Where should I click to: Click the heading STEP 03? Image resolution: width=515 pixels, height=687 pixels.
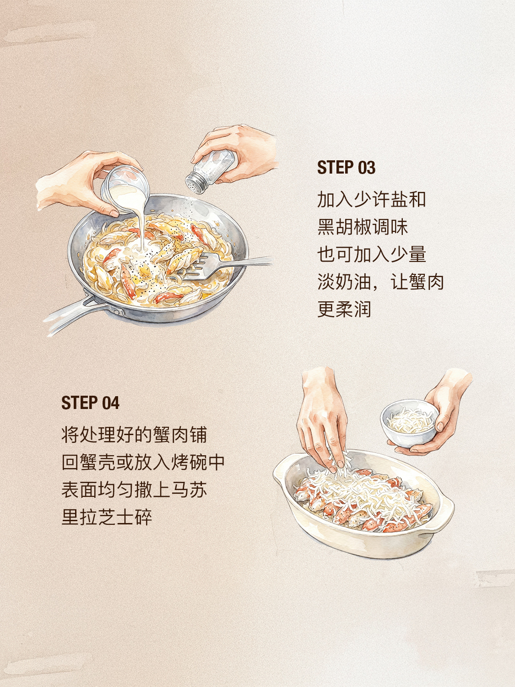pos(346,167)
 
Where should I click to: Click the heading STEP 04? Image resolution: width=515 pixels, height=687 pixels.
pos(90,403)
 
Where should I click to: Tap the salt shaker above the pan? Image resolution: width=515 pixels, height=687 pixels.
pos(210,171)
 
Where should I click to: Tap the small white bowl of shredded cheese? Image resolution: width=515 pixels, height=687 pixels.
pos(410,423)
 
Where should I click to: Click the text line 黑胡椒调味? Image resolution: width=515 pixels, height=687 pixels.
pos(363,227)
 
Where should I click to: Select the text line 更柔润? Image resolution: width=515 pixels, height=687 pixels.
pos(344,309)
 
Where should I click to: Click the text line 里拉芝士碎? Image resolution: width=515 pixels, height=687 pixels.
pos(107,517)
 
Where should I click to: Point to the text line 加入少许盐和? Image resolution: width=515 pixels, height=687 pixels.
pos(371,199)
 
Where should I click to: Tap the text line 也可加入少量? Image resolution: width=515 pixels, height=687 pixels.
pos(371,254)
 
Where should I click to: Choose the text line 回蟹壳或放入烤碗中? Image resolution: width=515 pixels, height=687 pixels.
pos(143,462)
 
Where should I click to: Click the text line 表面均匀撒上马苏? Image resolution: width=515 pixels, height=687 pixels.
pos(134,490)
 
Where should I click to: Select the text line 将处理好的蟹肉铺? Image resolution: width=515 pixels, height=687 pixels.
pos(134,435)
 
